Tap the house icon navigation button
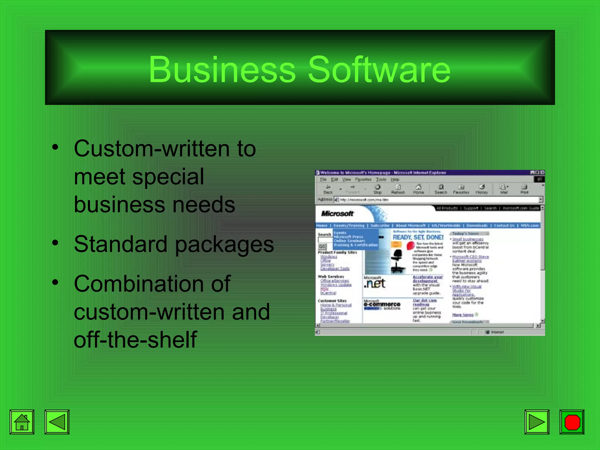pos(22,422)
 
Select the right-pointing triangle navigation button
pos(537,422)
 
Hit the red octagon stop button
pos(572,422)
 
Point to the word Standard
pos(120,244)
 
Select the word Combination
pos(152,284)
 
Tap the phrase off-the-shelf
pos(135,339)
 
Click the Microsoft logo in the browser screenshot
pos(337,214)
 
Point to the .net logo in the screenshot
pos(375,284)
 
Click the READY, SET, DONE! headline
pos(418,237)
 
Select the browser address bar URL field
pos(437,200)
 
